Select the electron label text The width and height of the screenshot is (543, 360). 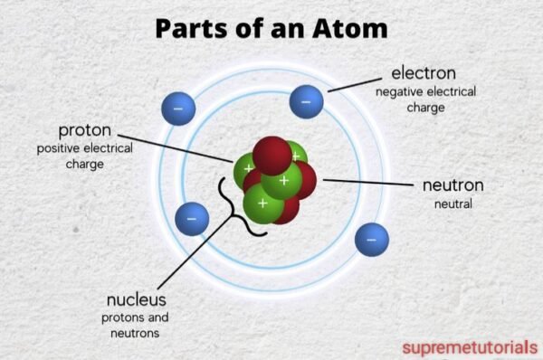423,72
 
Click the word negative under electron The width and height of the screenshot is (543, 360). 399,91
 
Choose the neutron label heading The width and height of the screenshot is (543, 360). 452,185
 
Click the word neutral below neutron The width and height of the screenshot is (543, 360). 453,204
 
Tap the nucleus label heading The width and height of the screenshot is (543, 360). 137,299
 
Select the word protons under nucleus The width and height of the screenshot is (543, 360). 120,317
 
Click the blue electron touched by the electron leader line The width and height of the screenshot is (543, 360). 306,100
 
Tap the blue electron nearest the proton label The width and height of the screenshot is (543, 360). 178,109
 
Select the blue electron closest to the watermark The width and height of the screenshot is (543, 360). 371,239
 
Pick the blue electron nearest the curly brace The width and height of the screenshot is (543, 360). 191,217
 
